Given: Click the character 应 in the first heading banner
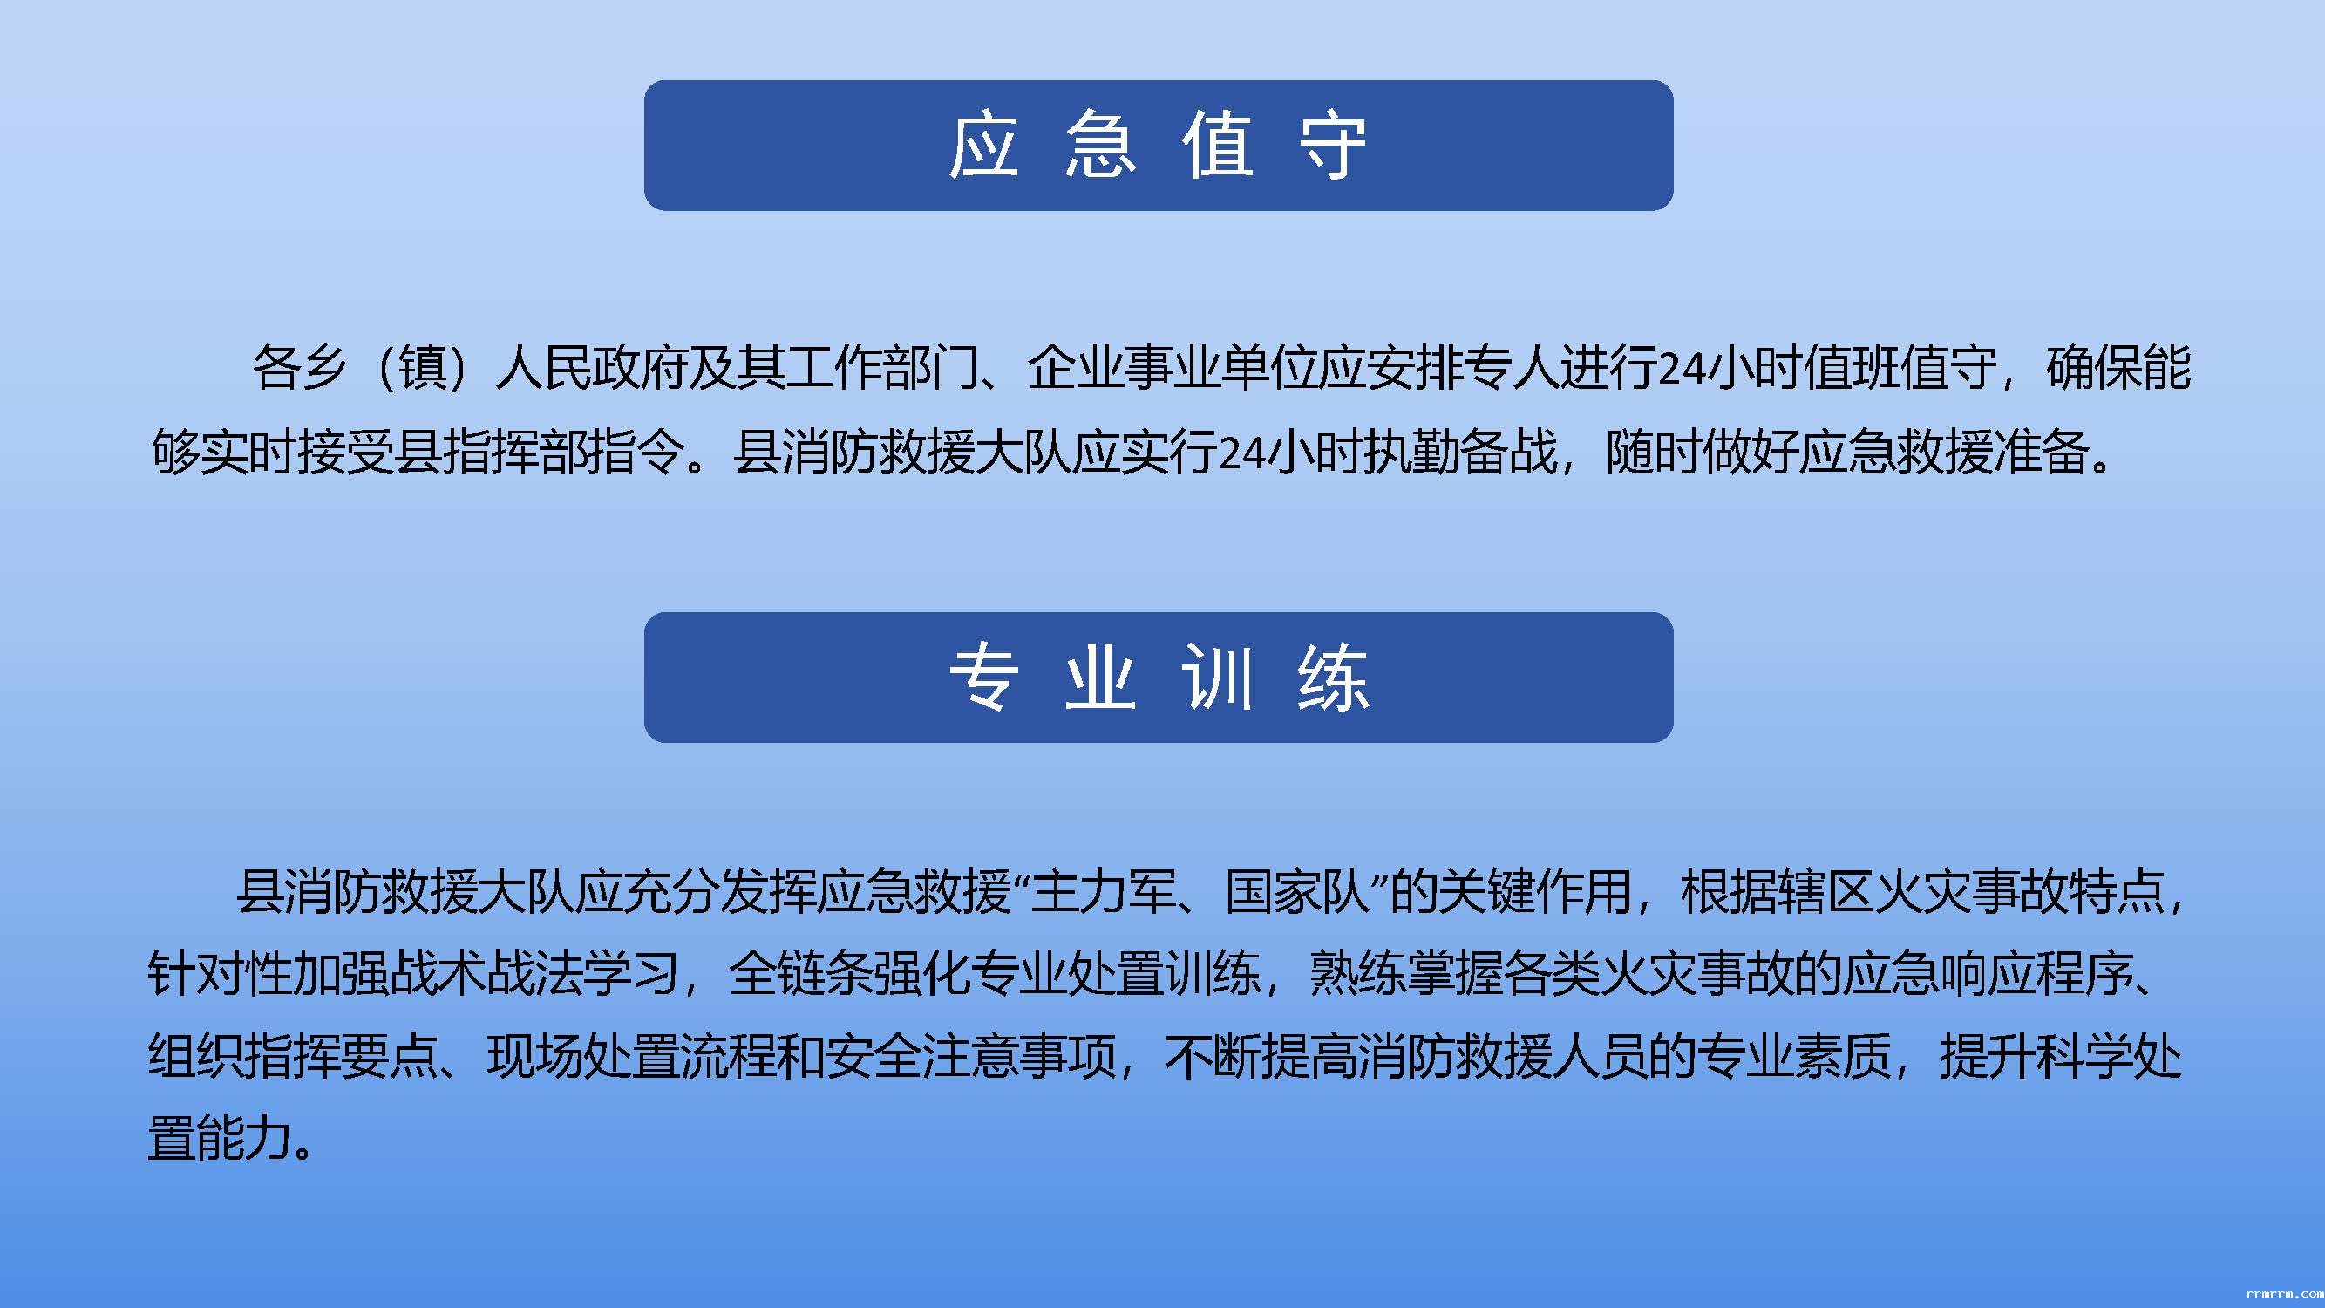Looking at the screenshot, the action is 984,146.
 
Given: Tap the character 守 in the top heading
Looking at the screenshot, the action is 1332,146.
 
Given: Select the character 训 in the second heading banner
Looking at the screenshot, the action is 1217,677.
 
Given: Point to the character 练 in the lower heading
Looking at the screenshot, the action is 1333,677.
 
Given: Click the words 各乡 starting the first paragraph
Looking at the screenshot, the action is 300,367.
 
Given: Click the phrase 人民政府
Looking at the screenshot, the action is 592,367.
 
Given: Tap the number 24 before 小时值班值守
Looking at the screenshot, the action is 1681,368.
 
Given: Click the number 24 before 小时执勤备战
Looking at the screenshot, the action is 1241,453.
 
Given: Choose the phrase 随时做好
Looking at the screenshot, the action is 1702,452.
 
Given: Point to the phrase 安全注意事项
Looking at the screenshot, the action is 970,1055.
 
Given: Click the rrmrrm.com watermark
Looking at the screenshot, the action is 2283,1293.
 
